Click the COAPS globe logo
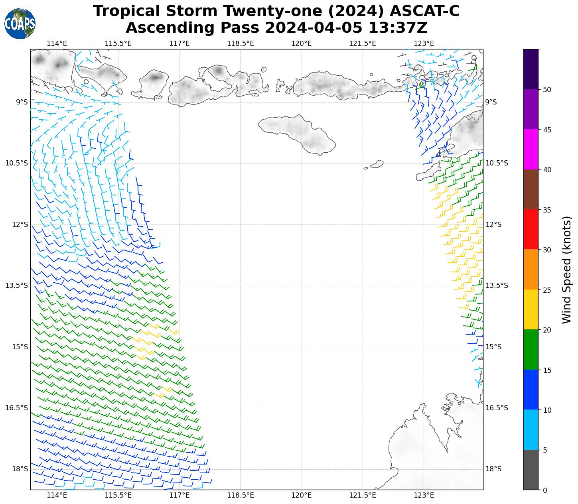coord(20,24)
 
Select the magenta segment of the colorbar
coord(531,150)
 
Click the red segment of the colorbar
coord(531,230)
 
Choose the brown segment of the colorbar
coord(531,190)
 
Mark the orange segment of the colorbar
coord(531,270)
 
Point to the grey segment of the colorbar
coord(531,470)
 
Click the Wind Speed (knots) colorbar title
coord(566,270)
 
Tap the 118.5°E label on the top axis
coord(241,43)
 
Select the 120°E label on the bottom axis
coord(302,495)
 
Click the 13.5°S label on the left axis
coord(16,285)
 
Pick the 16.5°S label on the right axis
coord(497,408)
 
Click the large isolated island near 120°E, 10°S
coord(299,133)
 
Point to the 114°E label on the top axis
coord(57,43)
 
